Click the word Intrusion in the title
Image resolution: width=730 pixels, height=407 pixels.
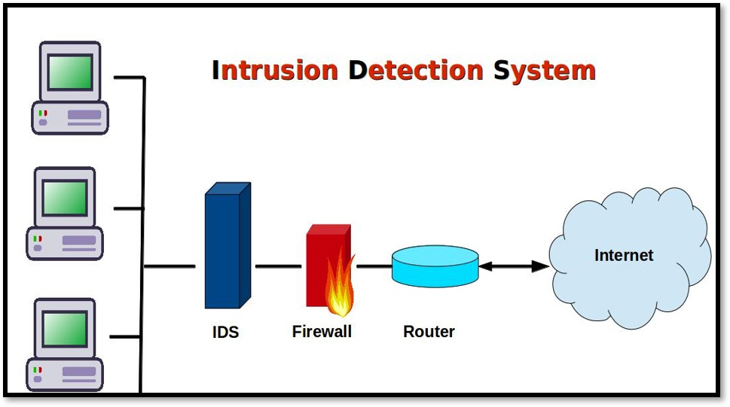point(275,71)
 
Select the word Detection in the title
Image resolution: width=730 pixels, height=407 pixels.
point(415,71)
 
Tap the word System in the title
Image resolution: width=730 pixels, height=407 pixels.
point(545,71)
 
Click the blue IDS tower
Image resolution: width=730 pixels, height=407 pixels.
point(224,248)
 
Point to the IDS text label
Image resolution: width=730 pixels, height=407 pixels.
point(225,332)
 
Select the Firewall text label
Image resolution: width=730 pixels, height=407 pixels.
point(322,331)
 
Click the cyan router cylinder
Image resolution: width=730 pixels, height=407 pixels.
point(435,266)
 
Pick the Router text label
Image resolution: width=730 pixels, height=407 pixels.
point(429,332)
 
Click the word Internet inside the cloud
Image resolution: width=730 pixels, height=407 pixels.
point(624,255)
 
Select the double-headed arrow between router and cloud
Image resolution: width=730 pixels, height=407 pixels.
point(514,266)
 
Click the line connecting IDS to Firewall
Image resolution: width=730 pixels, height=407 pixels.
point(278,266)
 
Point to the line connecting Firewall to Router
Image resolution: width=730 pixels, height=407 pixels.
point(374,266)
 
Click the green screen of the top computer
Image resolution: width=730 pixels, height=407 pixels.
point(69,72)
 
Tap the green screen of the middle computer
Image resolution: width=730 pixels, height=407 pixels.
point(65,198)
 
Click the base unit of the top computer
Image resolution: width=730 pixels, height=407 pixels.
point(70,117)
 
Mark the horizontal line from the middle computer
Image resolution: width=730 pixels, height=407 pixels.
point(128,208)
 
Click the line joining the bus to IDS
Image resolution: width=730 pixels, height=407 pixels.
point(170,266)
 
